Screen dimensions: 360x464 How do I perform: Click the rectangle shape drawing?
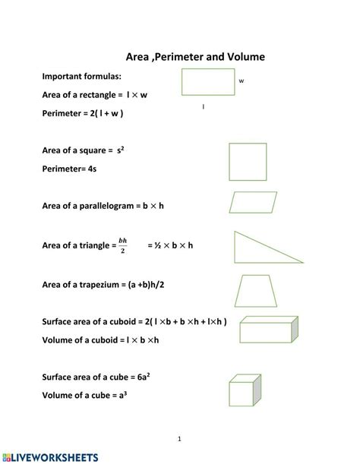(208, 82)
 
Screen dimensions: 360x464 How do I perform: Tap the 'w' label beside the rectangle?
(242, 80)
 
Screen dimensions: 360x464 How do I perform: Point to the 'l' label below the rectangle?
(204, 106)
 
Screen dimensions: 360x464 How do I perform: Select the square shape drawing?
(247, 162)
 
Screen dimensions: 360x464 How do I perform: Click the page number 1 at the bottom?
(180, 438)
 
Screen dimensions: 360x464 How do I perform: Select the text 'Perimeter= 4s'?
(69, 169)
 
